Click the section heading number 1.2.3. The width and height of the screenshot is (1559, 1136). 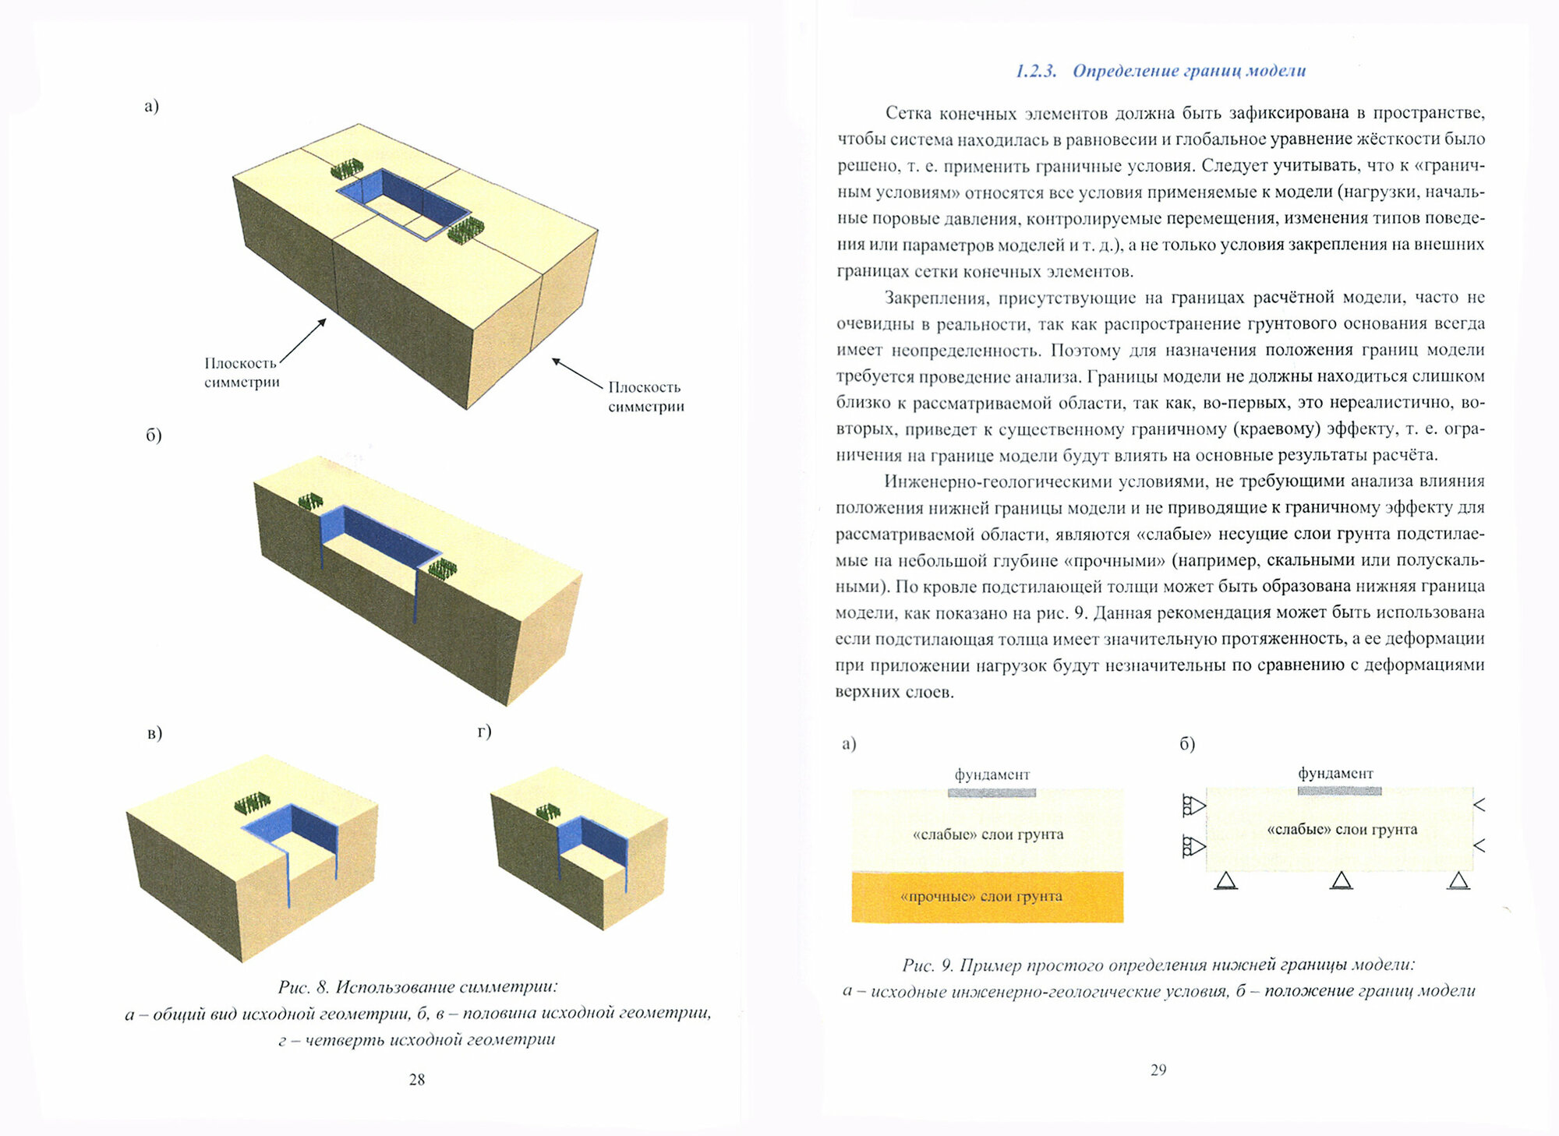pos(1035,71)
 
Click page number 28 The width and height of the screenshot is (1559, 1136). pos(417,1079)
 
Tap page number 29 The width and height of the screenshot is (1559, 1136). pos(1158,1070)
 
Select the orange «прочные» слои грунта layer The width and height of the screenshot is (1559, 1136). pos(987,897)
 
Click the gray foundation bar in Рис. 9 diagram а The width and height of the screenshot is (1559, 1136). pos(992,792)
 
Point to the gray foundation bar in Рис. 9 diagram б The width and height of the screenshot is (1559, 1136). pos(1339,791)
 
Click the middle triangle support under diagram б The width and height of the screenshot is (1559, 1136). pos(1341,880)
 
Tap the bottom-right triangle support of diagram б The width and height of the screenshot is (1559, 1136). pos(1458,880)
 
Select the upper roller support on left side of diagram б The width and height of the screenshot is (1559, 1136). pos(1193,805)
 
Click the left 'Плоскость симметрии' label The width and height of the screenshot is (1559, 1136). pos(242,372)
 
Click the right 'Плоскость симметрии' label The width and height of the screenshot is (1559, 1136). pos(645,397)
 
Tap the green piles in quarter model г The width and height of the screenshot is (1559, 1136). pos(548,812)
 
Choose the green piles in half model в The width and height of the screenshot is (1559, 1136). pos(253,803)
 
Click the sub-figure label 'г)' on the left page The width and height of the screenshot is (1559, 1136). pos(485,730)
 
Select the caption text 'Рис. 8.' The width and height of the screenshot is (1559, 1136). pos(303,987)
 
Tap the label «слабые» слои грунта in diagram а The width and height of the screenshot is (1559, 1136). pos(988,834)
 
